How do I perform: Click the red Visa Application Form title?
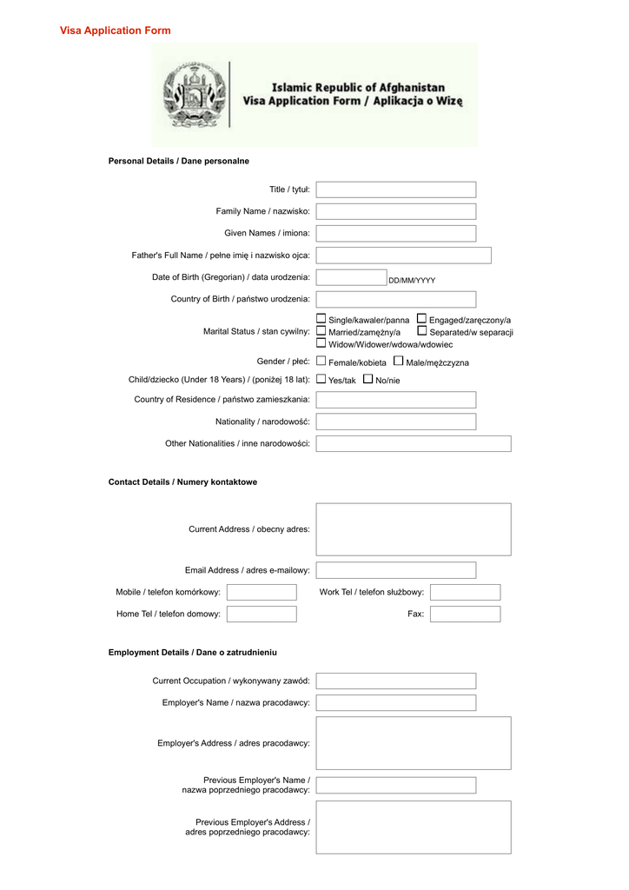point(115,30)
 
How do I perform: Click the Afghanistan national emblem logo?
point(195,94)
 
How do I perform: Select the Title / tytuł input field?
point(395,189)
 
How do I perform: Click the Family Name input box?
point(395,211)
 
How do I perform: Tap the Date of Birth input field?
point(350,277)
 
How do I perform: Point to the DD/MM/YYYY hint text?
point(412,281)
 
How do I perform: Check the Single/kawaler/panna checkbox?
point(321,319)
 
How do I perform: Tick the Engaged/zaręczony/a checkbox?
point(421,319)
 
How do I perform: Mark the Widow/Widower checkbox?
point(321,343)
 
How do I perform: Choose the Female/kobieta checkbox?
point(321,361)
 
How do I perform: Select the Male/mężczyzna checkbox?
point(398,361)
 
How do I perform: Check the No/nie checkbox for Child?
point(367,379)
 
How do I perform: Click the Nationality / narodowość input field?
point(395,422)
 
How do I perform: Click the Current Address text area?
point(413,529)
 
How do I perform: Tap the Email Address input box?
point(395,570)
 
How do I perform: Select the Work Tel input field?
point(465,592)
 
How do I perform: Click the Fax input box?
point(465,614)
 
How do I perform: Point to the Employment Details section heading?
point(193,652)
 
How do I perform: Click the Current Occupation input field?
point(395,681)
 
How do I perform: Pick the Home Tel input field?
point(262,614)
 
